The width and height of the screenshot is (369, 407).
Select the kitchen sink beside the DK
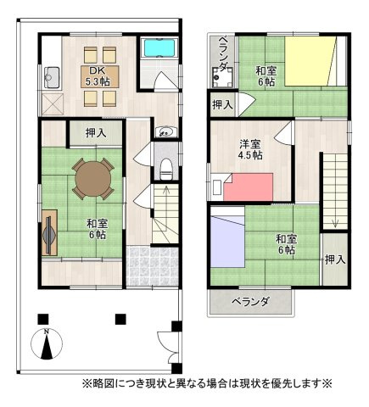(48, 76)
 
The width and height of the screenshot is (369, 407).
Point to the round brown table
(91, 178)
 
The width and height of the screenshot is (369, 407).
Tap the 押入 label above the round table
(96, 132)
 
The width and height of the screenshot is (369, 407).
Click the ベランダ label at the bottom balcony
(252, 302)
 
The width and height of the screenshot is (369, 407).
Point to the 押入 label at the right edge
(335, 259)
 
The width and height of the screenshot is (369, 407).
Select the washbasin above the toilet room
(165, 131)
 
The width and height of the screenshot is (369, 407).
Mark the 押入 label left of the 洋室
(222, 105)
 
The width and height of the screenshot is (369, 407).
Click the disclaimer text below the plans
(206, 384)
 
